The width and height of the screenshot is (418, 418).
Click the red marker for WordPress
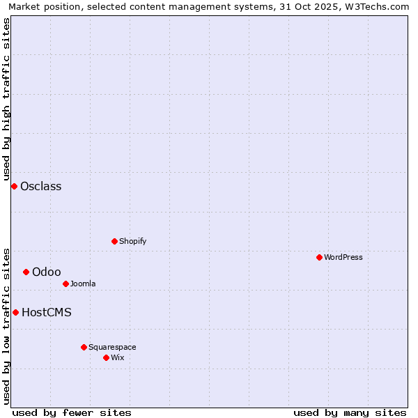coord(319,257)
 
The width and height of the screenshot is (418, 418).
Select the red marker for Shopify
coord(114,241)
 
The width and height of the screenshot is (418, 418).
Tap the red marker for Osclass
coord(14,186)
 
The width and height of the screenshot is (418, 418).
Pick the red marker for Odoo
coord(26,272)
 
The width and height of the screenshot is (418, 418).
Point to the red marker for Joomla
coord(65,284)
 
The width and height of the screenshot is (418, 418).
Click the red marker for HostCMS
coord(15,312)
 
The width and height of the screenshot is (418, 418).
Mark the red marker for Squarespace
coord(84,347)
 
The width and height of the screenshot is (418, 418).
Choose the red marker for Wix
coord(106,357)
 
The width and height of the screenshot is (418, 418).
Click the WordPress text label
coord(343,257)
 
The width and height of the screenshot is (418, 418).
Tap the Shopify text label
coord(133,241)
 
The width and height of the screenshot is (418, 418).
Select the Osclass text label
coord(41,186)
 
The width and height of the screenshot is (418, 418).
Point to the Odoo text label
coord(47,272)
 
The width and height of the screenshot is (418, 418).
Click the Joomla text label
coord(83,284)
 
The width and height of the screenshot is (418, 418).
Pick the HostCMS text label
coord(47,312)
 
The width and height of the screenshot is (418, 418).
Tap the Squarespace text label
coord(112,347)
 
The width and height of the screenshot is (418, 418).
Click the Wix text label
coord(118,357)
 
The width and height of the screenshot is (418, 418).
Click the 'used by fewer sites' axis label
coord(72,412)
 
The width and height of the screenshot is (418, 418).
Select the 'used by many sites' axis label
coord(350,412)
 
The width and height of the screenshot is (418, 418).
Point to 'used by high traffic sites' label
coord(6,98)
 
